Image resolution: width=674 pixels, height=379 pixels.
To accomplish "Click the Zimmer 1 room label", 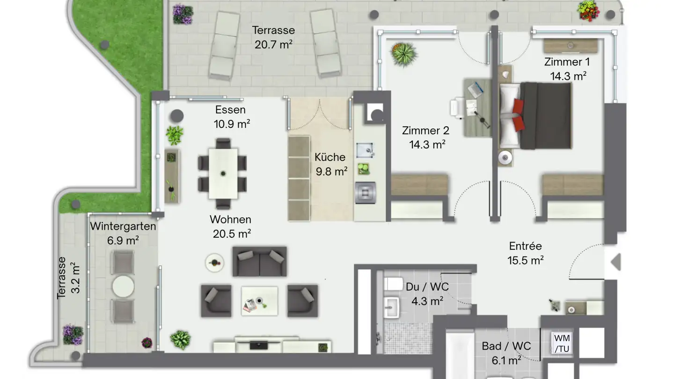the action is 567,62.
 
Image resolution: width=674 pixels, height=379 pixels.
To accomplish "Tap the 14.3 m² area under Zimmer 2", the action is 427,145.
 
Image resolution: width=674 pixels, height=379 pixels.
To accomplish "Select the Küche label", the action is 330,157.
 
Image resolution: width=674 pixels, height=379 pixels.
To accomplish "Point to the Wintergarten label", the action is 123,226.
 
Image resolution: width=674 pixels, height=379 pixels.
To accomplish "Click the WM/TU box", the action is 562,343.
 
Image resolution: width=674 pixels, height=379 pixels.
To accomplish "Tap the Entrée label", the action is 525,246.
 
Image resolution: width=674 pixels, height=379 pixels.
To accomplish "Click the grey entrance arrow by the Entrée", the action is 616,262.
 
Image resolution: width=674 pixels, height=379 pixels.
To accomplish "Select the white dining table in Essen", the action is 223,174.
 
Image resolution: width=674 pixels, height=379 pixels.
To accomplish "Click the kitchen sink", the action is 365,150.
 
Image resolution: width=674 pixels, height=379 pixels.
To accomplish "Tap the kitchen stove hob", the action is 365,193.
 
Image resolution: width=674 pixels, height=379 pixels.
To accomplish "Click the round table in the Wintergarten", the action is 123,287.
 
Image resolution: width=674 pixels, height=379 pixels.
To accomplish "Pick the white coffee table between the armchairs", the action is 259,301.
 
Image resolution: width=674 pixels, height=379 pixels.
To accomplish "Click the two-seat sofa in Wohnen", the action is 260,262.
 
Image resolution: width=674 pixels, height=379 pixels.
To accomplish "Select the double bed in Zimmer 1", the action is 535,116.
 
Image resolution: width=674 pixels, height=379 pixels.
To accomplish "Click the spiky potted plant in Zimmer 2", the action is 404,54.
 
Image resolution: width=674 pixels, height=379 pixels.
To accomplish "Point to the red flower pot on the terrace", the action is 588,11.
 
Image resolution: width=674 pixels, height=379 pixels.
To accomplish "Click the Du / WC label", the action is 427,287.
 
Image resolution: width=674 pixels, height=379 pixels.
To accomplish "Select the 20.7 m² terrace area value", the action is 273,44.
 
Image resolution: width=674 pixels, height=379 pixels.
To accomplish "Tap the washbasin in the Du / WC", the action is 392,307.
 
